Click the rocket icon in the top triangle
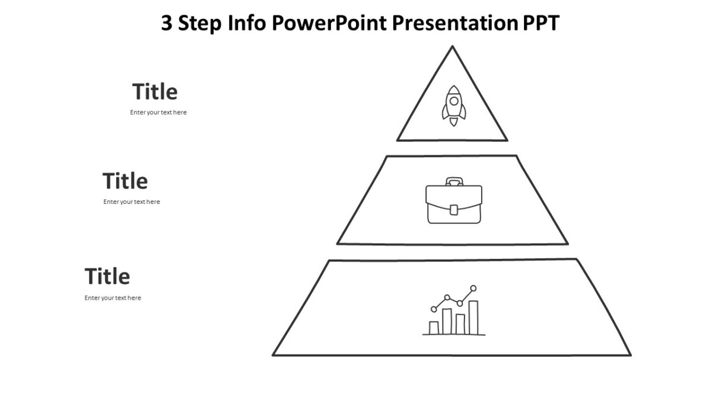tap(453, 105)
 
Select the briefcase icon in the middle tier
tap(454, 201)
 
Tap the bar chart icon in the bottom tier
tap(454, 312)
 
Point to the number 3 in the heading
tap(167, 24)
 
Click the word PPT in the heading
tap(541, 24)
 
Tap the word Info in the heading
tap(249, 24)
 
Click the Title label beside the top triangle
tap(155, 92)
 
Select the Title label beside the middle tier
tap(125, 181)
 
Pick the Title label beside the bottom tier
tap(107, 277)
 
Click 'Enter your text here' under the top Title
tap(158, 113)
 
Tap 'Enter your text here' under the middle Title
tap(132, 202)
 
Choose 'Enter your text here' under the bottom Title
tap(113, 298)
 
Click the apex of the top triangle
tap(453, 47)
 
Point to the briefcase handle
tap(454, 181)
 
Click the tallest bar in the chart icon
tap(473, 318)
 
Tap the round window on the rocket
tap(453, 101)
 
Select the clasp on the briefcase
tap(454, 209)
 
